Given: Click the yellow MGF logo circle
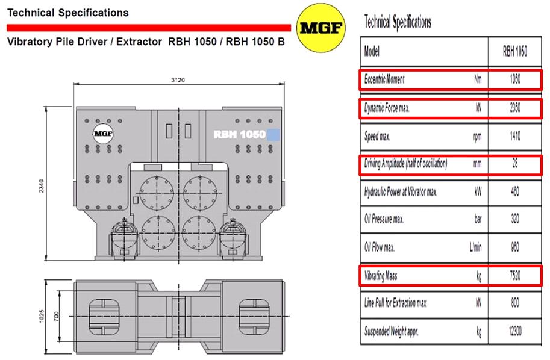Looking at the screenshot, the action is (x=320, y=28).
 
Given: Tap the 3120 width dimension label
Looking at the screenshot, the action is (x=178, y=80).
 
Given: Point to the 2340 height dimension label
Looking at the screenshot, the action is (x=42, y=186).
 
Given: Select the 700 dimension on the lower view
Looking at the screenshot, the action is (x=57, y=316).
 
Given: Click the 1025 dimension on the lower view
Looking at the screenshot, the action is (x=42, y=316).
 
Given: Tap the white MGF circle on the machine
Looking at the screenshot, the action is (x=103, y=134).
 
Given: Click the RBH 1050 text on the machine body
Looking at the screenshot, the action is (x=239, y=135).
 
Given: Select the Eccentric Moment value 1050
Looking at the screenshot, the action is (x=515, y=79).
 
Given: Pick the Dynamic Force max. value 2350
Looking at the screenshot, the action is (x=515, y=108).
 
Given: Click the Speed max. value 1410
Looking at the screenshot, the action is (x=515, y=135).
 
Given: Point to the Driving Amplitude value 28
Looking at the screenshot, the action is (x=515, y=163).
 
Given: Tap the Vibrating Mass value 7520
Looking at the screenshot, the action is (x=515, y=276).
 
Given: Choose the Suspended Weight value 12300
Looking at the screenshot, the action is (x=515, y=331).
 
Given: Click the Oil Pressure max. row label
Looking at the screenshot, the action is (x=384, y=219).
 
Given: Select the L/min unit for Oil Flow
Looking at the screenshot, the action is (x=476, y=247).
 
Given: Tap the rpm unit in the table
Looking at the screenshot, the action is (x=477, y=137).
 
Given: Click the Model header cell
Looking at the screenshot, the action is (x=372, y=52).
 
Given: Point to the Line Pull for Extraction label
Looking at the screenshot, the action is (x=396, y=303).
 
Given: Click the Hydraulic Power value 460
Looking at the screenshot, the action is (x=515, y=191).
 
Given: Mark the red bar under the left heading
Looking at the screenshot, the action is (x=149, y=28).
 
